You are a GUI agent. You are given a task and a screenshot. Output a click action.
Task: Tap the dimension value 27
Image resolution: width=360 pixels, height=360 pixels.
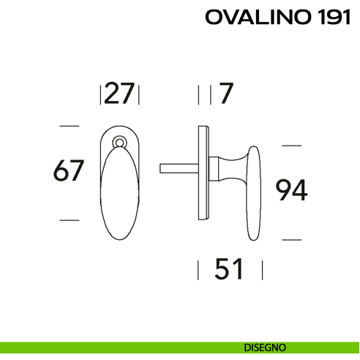(119, 94)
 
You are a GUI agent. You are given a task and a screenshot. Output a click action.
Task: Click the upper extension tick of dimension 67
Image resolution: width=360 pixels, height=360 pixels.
(69, 127)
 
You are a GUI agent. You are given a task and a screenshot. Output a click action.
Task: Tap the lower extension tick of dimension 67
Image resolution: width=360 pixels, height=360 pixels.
(69, 219)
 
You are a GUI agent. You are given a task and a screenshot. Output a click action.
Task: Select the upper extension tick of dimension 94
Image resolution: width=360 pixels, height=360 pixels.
(291, 146)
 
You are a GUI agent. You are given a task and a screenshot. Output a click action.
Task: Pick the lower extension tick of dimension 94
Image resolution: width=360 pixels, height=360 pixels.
(291, 239)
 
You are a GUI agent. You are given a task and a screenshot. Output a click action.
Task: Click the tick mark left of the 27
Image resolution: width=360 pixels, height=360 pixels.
(100, 94)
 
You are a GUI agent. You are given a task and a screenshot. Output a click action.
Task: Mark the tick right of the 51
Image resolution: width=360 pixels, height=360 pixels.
(262, 270)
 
